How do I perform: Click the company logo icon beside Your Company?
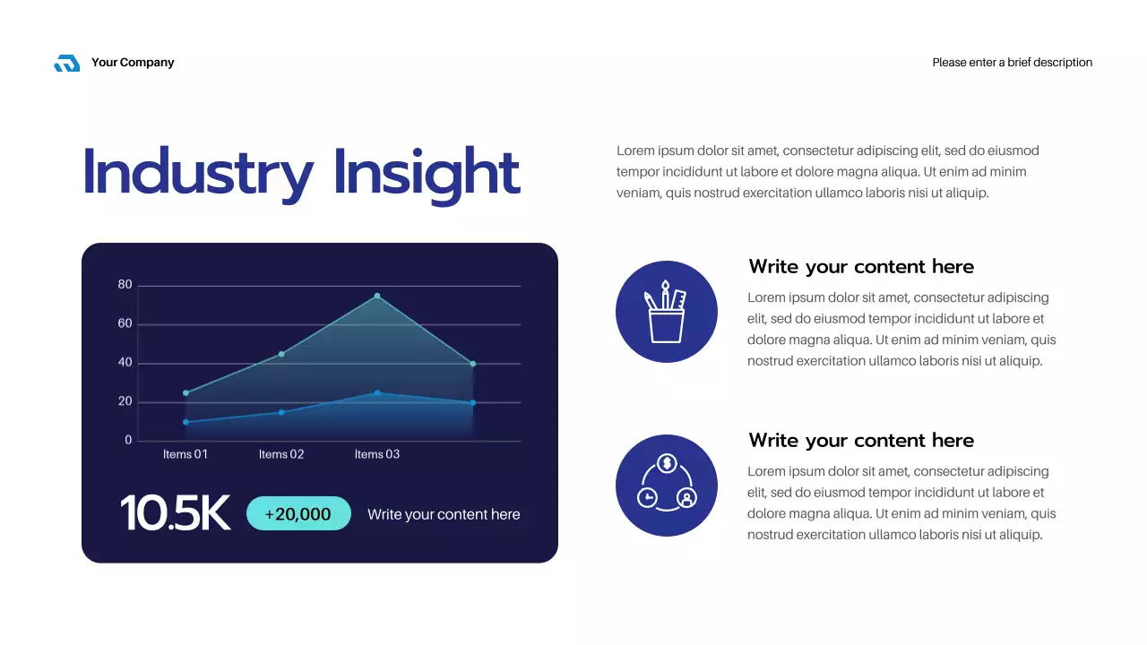67,63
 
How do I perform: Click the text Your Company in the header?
133,63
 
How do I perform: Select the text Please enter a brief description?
1012,63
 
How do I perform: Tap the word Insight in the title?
427,172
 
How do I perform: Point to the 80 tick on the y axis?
125,285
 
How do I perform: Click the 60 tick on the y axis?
125,324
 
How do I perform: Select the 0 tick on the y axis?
128,441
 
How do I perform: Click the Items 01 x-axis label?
185,454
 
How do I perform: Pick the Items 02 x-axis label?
281,454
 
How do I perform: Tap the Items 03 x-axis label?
377,454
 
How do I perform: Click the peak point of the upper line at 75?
377,296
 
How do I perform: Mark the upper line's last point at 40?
473,364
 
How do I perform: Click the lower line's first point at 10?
185,422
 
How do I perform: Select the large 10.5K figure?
175,513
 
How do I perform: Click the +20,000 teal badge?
298,513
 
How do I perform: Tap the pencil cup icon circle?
667,312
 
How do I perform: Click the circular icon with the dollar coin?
667,486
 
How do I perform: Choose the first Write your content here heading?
861,267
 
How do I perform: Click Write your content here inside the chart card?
444,514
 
